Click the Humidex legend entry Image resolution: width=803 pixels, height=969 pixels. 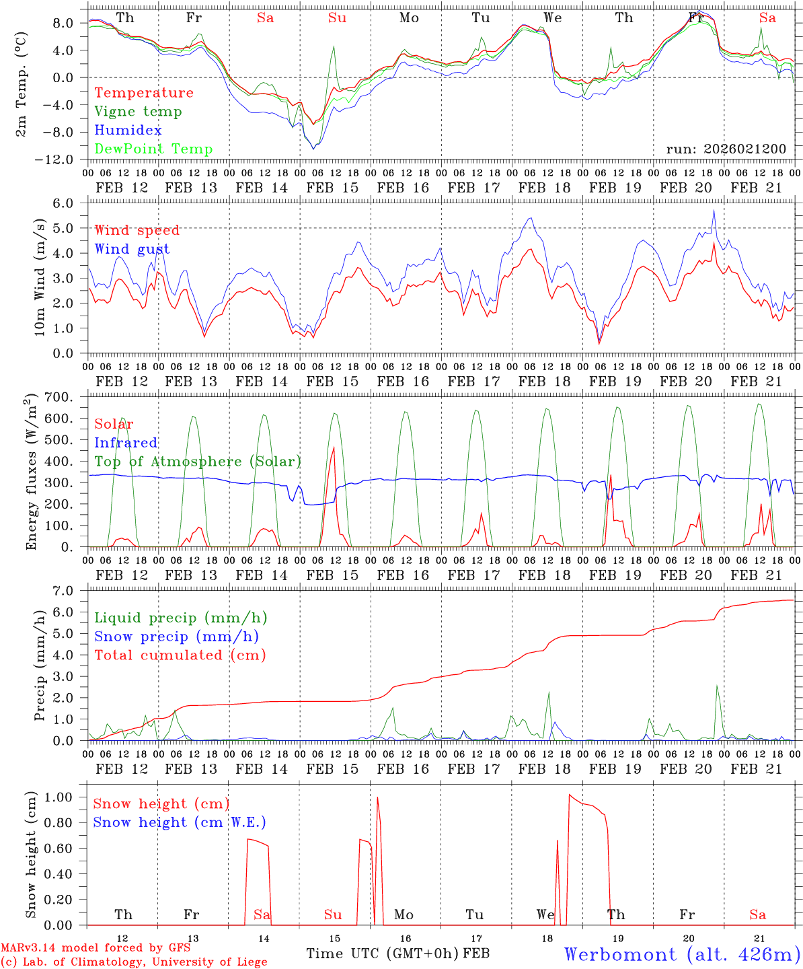click(128, 131)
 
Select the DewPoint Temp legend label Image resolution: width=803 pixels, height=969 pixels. click(153, 149)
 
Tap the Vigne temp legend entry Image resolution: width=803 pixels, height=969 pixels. click(138, 112)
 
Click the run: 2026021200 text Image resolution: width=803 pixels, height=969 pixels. click(726, 149)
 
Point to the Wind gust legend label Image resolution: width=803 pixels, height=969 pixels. click(132, 250)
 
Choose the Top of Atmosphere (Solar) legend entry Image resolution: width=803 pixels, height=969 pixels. click(197, 462)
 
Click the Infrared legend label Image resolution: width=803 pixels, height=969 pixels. click(126, 443)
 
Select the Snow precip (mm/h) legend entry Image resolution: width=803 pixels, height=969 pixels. click(176, 637)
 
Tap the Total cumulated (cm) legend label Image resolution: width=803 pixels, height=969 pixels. click(180, 655)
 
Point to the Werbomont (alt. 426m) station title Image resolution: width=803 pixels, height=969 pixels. click(681, 954)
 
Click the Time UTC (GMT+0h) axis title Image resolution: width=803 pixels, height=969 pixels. click(383, 954)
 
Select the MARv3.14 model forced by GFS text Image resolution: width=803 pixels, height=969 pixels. click(95, 948)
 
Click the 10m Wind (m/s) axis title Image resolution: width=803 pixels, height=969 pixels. click(40, 277)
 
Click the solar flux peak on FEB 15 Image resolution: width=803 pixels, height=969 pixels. click(334, 447)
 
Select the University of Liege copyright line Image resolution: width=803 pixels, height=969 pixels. click(134, 962)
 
